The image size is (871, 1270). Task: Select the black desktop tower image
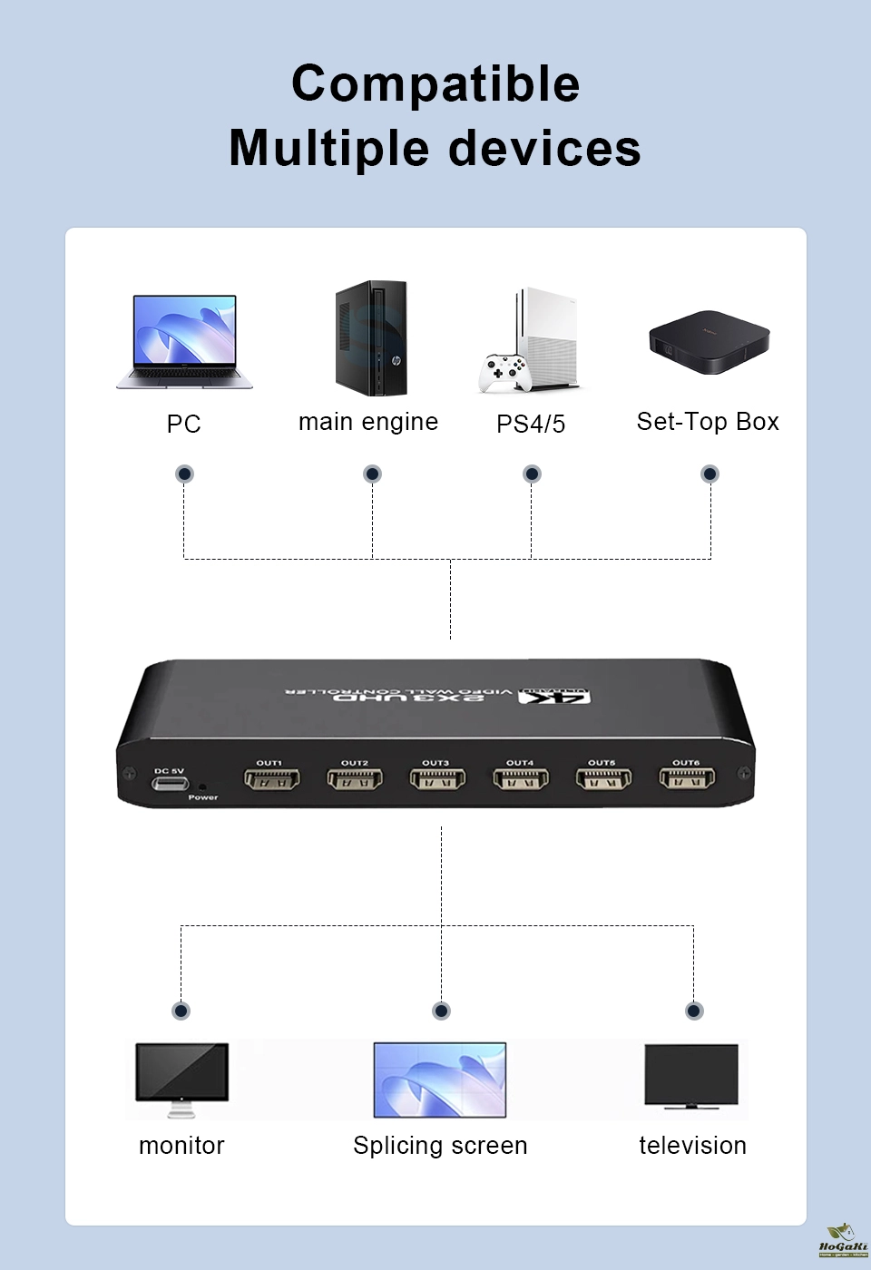pyautogui.click(x=371, y=337)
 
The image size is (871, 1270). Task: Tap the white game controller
pyautogui.click(x=504, y=372)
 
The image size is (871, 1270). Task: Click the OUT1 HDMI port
pyautogui.click(x=271, y=779)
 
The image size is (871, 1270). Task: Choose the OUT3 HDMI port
pyautogui.click(x=437, y=779)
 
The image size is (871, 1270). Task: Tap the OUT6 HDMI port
pyautogui.click(x=687, y=778)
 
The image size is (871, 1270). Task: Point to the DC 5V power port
pyautogui.click(x=171, y=782)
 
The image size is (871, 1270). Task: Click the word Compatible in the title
pyautogui.click(x=435, y=83)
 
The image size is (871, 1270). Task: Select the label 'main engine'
pyautogui.click(x=368, y=422)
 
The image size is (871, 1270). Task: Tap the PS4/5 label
pyautogui.click(x=531, y=424)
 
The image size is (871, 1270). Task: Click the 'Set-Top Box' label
pyautogui.click(x=708, y=422)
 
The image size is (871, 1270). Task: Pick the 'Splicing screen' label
pyautogui.click(x=440, y=1146)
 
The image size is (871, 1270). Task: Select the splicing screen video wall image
pyautogui.click(x=440, y=1079)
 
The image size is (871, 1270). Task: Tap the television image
pyautogui.click(x=691, y=1076)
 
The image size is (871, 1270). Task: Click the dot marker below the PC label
pyautogui.click(x=185, y=474)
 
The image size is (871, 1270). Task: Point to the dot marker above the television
pyautogui.click(x=694, y=1011)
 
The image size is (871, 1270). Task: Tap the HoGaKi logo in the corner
pyautogui.click(x=843, y=1240)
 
